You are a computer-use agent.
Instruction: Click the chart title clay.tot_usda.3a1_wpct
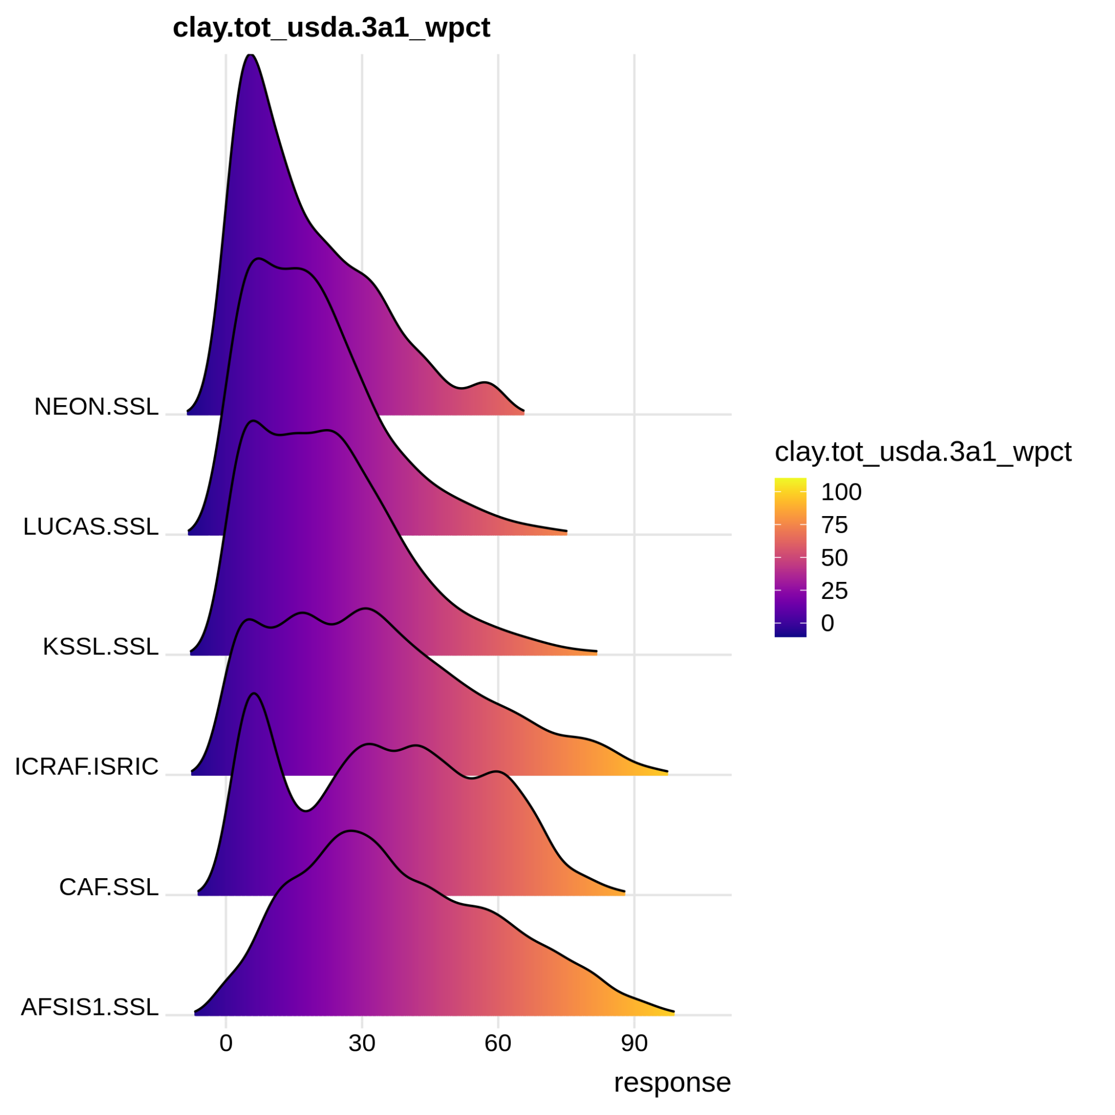pyautogui.click(x=331, y=28)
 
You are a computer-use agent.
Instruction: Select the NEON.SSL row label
pyautogui.click(x=96, y=407)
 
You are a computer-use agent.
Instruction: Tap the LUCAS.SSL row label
pyautogui.click(x=90, y=526)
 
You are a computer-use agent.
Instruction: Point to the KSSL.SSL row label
pyautogui.click(x=100, y=646)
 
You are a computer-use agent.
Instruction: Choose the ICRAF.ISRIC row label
pyautogui.click(x=87, y=767)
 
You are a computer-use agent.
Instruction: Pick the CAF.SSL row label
pyautogui.click(x=108, y=887)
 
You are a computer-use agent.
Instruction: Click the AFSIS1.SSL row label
pyautogui.click(x=89, y=1007)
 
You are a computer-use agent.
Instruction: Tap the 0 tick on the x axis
pyautogui.click(x=225, y=1044)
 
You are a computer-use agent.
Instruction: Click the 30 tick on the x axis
pyautogui.click(x=362, y=1044)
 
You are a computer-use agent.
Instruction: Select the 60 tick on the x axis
pyautogui.click(x=498, y=1044)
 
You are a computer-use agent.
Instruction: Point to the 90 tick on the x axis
pyautogui.click(x=634, y=1044)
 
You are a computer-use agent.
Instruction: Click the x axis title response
pyautogui.click(x=672, y=1083)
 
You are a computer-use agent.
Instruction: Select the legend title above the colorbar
pyautogui.click(x=922, y=452)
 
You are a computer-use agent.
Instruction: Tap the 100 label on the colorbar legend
pyautogui.click(x=841, y=492)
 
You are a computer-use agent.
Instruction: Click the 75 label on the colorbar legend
pyautogui.click(x=834, y=525)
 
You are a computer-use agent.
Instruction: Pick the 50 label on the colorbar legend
pyautogui.click(x=834, y=558)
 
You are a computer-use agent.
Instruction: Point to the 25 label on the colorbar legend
pyautogui.click(x=834, y=591)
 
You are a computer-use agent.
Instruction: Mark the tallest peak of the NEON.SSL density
pyautogui.click(x=250, y=55)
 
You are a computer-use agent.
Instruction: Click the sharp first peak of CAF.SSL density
pyautogui.click(x=254, y=693)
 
